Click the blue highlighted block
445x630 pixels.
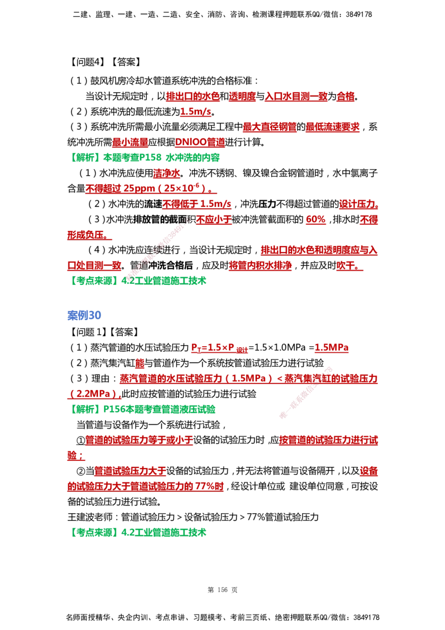(x=84, y=314)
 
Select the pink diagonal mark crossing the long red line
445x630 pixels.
(x=306, y=392)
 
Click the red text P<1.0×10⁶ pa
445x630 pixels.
(x=219, y=350)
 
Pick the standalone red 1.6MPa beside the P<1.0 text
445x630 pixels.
(x=332, y=350)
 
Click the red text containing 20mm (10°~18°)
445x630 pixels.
(x=150, y=189)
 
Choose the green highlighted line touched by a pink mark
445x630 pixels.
(x=140, y=281)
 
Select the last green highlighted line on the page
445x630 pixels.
(x=140, y=533)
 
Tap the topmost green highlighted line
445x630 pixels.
(x=146, y=158)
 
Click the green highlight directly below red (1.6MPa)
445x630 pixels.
(x=144, y=409)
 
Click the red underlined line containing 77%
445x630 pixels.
(x=146, y=487)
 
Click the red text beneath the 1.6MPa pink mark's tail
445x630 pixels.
(x=328, y=441)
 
